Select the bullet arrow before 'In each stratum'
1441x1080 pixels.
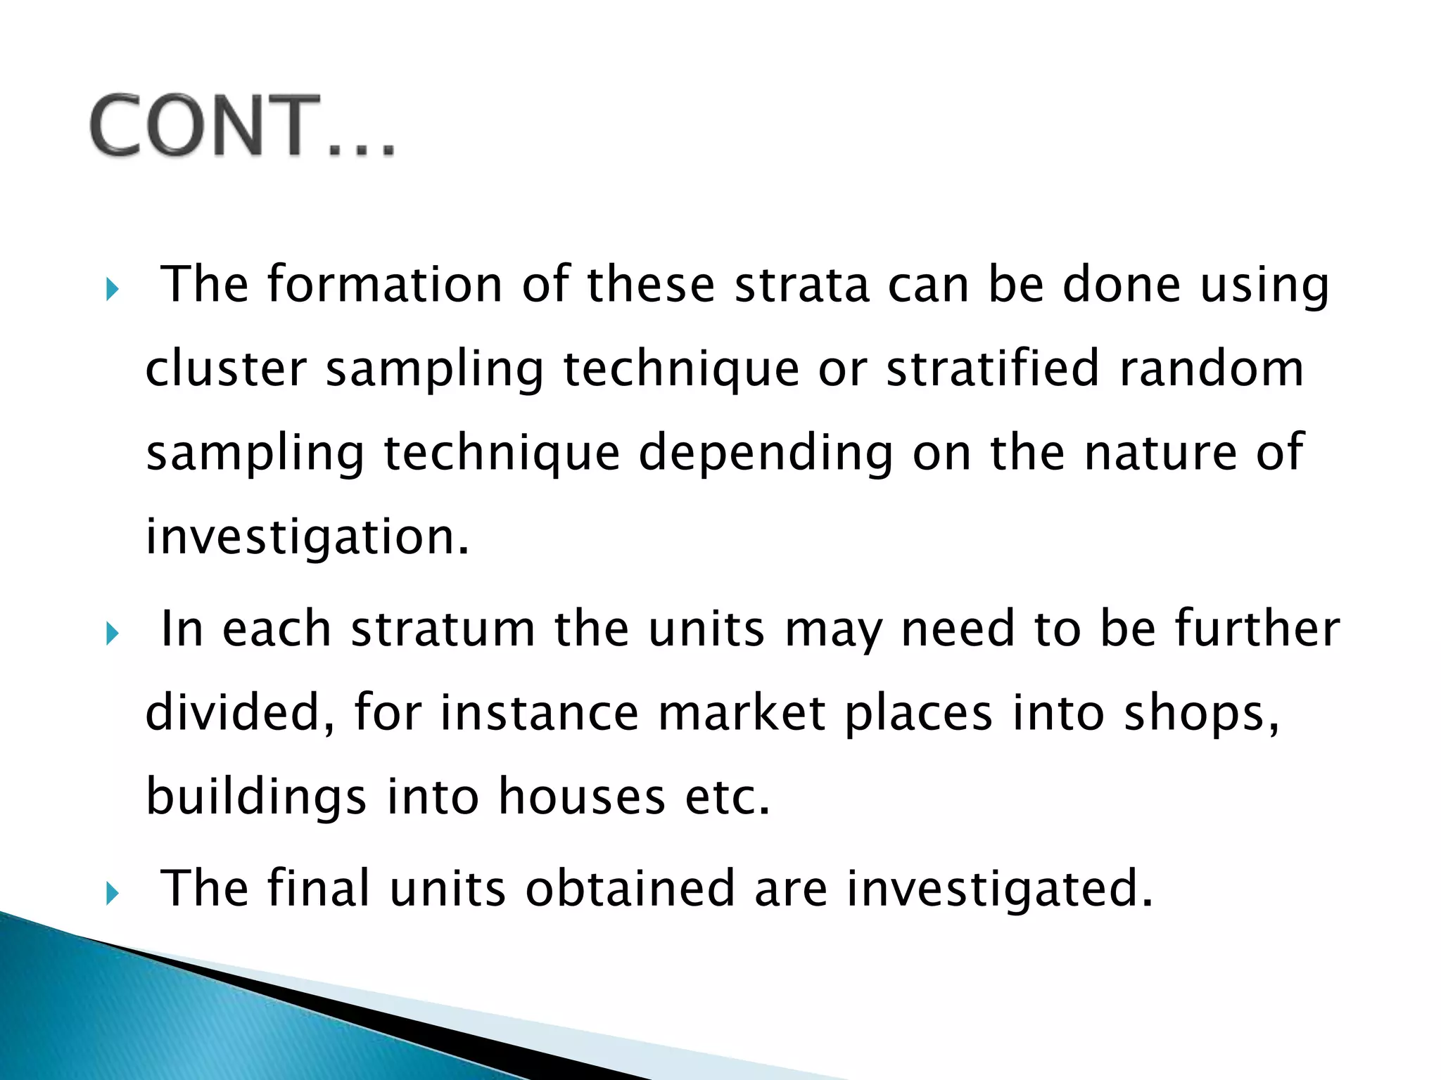point(113,634)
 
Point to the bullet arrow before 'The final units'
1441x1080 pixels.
point(113,894)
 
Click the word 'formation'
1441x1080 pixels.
point(384,284)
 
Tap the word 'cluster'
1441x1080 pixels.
point(226,368)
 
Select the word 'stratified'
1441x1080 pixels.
point(992,368)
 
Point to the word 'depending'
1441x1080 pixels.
point(766,453)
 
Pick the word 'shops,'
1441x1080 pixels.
point(1202,714)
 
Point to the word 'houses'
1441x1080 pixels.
point(582,797)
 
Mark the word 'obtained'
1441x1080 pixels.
point(630,889)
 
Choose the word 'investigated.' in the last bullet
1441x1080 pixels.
point(1000,890)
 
